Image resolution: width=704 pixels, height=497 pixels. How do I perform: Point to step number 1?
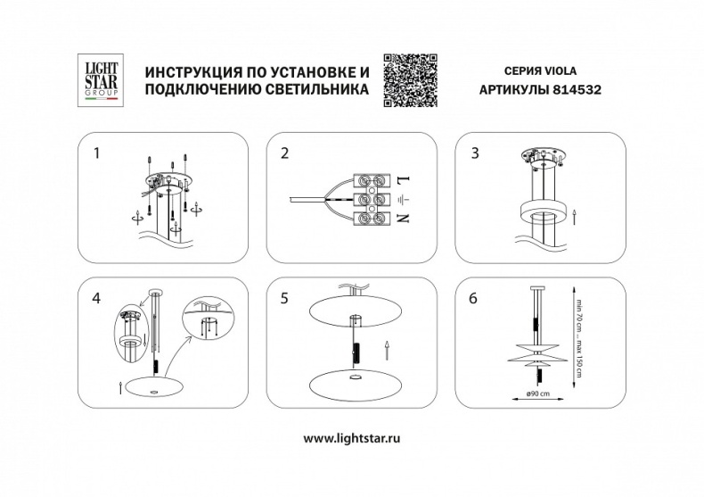click(x=98, y=153)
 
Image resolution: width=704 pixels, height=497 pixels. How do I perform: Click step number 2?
click(x=284, y=153)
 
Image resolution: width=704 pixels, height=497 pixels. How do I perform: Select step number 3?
click(x=475, y=153)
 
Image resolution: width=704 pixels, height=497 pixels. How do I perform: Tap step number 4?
click(x=98, y=298)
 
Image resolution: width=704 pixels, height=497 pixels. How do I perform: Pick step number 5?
click(x=284, y=299)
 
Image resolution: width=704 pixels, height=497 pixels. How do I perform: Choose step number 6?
click(x=475, y=299)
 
